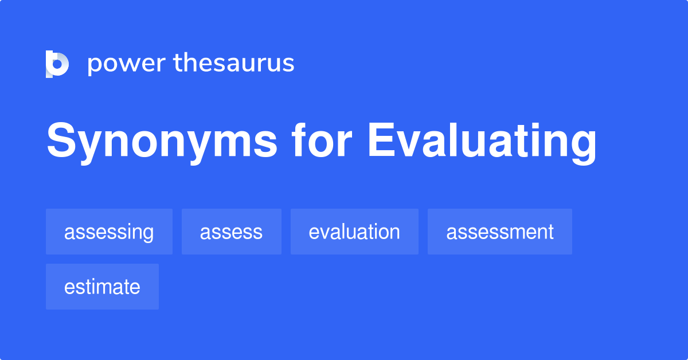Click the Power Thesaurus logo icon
click(57, 64)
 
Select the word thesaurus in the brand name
click(234, 63)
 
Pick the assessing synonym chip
click(109, 232)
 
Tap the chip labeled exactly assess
click(231, 232)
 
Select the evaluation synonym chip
click(354, 232)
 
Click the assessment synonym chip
click(499, 232)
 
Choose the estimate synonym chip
click(102, 287)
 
